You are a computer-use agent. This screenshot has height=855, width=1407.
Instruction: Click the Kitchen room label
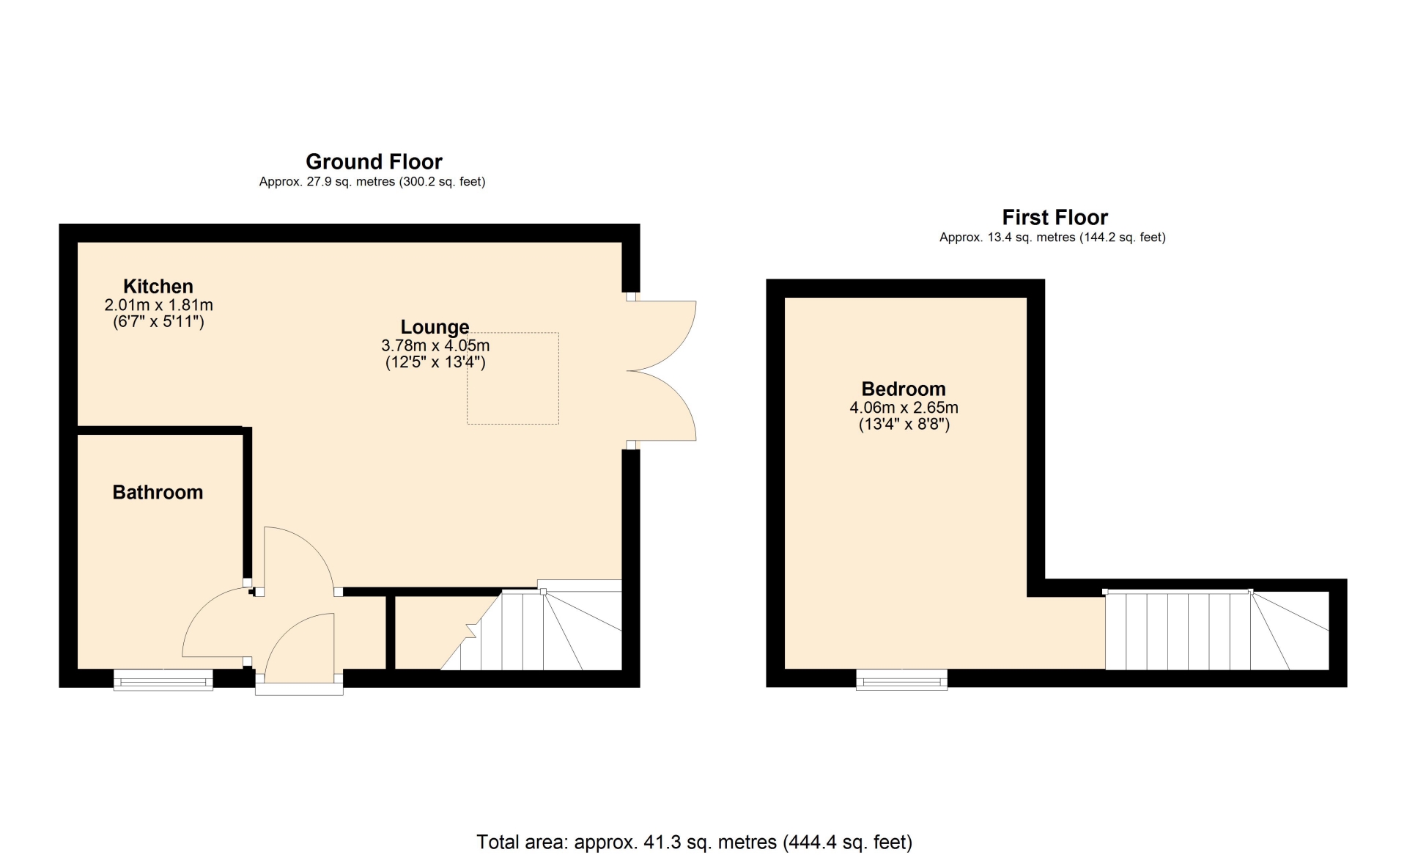point(158,287)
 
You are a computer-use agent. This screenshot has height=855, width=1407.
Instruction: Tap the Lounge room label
point(435,327)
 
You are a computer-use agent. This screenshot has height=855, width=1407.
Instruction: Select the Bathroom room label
point(158,492)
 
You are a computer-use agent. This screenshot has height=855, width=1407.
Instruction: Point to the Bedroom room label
point(904,389)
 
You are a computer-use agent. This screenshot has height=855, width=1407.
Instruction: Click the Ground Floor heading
point(374,161)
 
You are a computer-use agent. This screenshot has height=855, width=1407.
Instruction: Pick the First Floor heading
point(1055,217)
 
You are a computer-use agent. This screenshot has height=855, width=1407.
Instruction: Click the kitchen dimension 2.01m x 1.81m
point(159,305)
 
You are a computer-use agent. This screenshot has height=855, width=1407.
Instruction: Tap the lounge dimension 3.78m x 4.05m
point(435,345)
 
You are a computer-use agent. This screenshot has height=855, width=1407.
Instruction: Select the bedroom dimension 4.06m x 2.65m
point(904,408)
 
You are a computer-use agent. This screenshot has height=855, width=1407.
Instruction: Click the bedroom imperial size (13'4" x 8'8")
point(904,425)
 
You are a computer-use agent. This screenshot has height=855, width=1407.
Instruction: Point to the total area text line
point(694,843)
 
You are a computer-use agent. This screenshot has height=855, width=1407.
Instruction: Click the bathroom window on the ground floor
point(163,680)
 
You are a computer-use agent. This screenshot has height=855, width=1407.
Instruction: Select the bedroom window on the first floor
point(902,680)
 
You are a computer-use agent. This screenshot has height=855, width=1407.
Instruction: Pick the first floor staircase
point(1217,631)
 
